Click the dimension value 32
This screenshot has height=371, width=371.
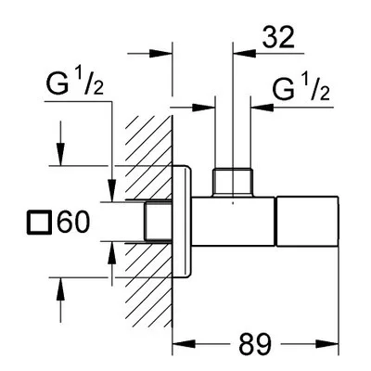(278, 38)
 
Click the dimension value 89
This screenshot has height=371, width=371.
(255, 344)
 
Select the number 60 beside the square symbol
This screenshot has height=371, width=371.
(73, 222)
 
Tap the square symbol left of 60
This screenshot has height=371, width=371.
(39, 223)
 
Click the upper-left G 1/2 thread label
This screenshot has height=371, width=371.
(75, 82)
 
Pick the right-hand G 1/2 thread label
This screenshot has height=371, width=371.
(301, 88)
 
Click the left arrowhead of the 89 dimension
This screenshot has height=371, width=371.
(184, 344)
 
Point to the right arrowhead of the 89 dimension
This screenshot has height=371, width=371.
(327, 344)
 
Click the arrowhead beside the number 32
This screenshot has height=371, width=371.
(245, 53)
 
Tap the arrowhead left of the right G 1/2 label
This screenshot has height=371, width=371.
(262, 108)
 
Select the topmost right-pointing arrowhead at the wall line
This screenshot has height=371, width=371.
(160, 53)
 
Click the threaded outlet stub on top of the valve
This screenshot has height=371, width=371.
(233, 183)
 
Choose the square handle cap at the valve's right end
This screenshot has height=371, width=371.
(307, 222)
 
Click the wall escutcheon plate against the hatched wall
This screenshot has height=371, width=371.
(182, 222)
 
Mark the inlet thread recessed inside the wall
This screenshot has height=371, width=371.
(158, 222)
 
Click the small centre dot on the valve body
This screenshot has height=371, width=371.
(233, 203)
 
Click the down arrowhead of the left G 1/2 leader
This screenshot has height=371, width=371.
(111, 190)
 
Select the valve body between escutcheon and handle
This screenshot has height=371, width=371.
(233, 222)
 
